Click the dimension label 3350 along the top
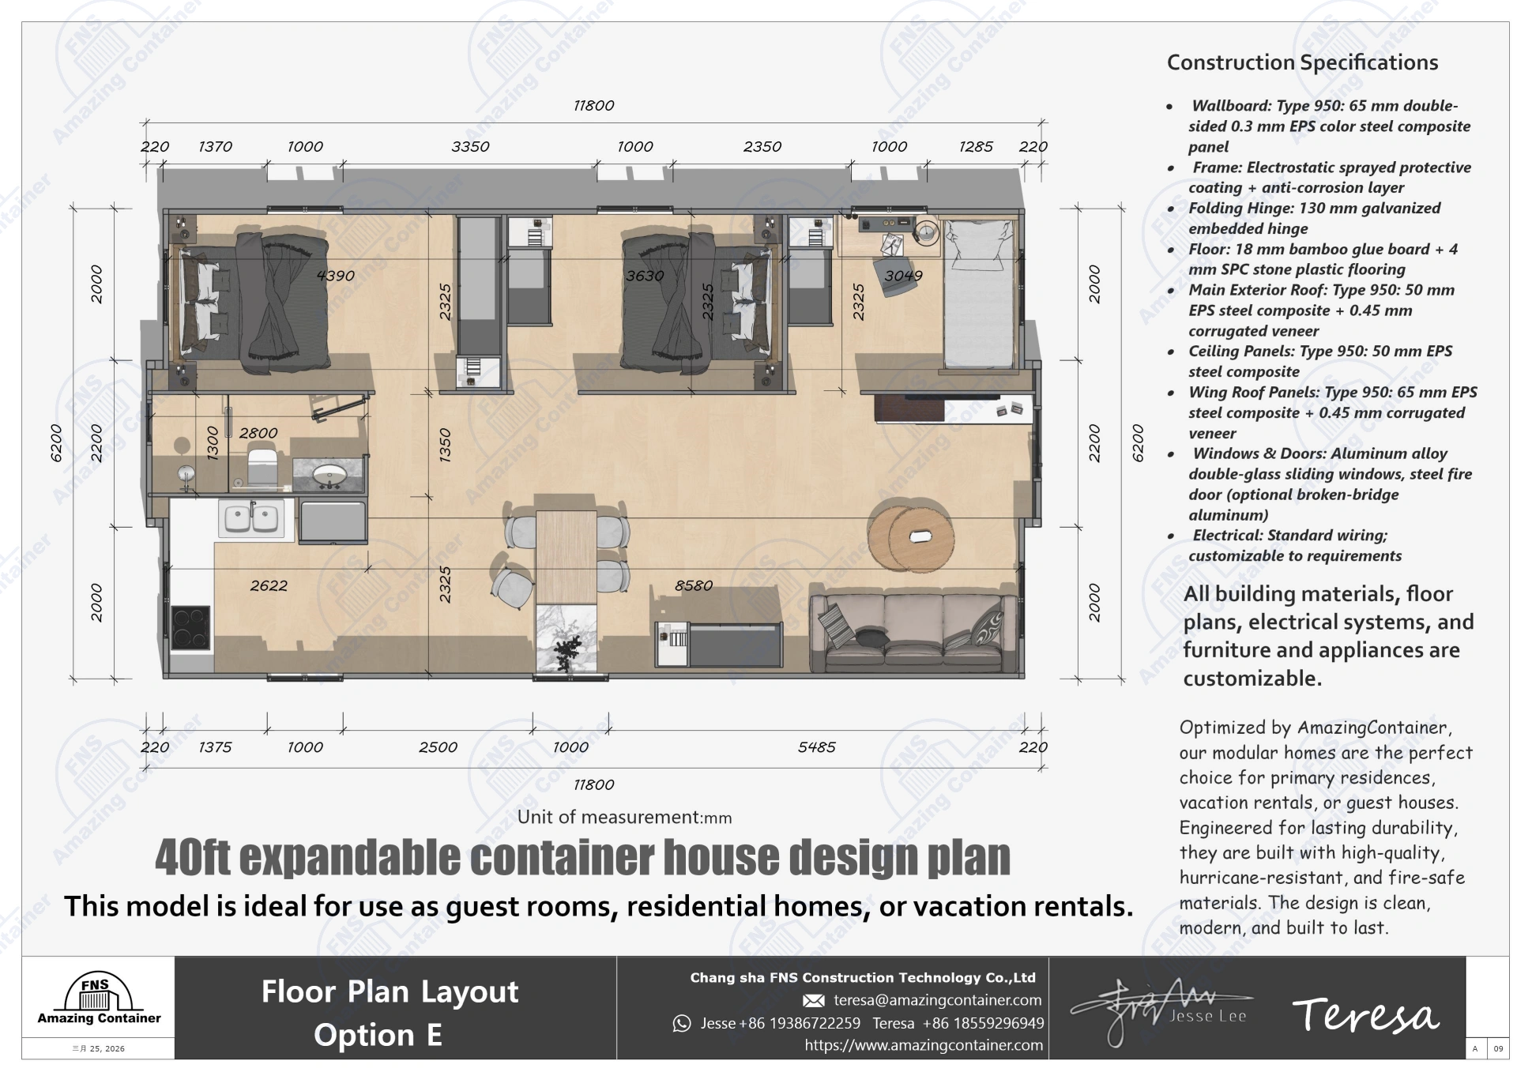pos(470,147)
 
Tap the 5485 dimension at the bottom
pos(816,747)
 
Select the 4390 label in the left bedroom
pos(335,276)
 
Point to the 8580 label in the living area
pos(693,585)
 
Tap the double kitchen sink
pos(251,518)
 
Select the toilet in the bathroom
pos(262,466)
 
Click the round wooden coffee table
pos(909,536)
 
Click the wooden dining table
pos(566,556)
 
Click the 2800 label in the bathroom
pos(258,433)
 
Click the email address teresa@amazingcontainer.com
pos(937,1000)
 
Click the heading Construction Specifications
pos(1302,62)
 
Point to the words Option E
pos(378,1035)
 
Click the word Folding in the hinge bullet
pos(1217,209)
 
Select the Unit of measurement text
pos(624,818)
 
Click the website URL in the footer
pos(923,1045)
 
